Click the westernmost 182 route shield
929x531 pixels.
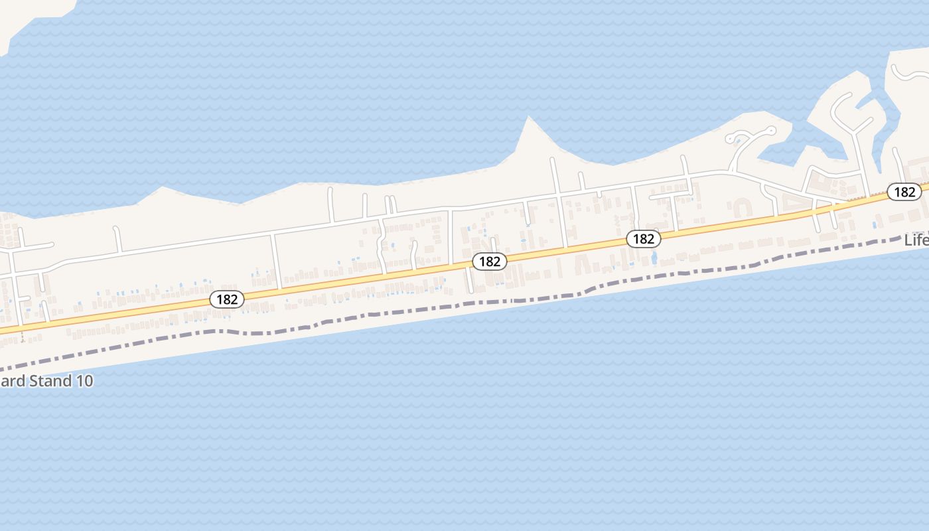point(227,299)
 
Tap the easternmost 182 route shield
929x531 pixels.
point(904,192)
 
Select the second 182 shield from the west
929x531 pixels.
point(490,262)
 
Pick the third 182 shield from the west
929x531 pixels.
point(644,239)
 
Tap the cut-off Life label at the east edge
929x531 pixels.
point(916,240)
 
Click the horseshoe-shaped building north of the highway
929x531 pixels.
point(741,208)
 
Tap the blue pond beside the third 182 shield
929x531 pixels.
point(654,257)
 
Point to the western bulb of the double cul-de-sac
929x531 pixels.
point(733,139)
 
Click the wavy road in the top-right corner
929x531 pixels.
point(909,73)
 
